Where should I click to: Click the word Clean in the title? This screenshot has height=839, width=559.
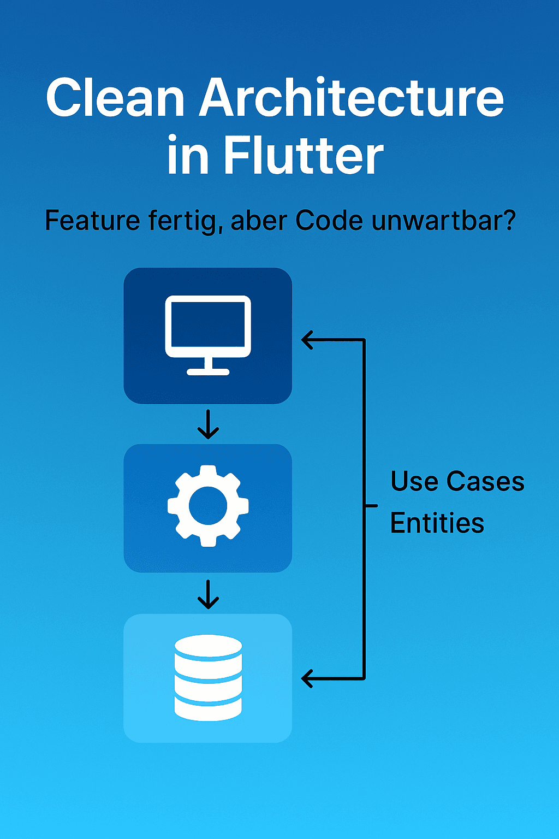[115, 98]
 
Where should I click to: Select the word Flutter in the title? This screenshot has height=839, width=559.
[304, 156]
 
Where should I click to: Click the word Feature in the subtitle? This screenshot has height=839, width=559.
[92, 221]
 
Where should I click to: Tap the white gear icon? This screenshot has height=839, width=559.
[208, 506]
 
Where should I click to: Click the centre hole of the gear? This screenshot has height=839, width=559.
[208, 506]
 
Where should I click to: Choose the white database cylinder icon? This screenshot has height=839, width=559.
[208, 677]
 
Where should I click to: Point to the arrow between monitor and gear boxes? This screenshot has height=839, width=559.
[208, 425]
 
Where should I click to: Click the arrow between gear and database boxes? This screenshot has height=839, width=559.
[208, 594]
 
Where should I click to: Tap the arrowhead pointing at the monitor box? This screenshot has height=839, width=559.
[308, 340]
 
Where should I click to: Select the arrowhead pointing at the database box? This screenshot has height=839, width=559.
[308, 678]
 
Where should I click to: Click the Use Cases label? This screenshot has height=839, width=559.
[457, 482]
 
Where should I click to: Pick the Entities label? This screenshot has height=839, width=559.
[437, 523]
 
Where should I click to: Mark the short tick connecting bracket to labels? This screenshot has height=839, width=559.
[371, 506]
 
